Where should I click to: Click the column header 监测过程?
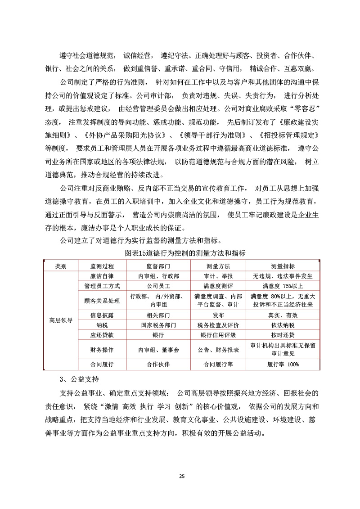coord(102,266)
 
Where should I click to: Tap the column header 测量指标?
coord(283,266)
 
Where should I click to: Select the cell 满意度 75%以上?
coord(283,286)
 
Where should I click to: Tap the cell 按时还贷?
coord(283,335)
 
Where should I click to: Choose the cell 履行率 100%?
coord(283,364)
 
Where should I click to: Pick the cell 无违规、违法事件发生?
coord(283,276)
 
